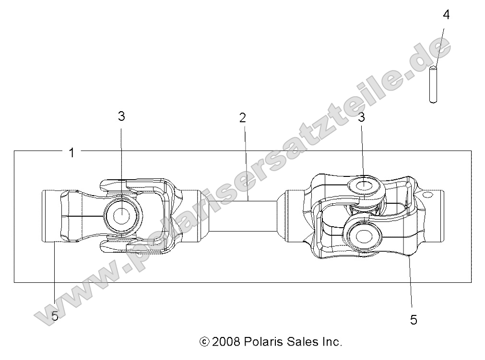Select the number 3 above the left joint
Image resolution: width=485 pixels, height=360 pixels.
[x=121, y=116]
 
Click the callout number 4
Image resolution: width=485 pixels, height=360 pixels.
[x=446, y=15]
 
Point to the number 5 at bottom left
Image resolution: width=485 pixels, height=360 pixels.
[x=55, y=316]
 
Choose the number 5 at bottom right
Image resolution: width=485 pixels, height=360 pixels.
[x=414, y=320]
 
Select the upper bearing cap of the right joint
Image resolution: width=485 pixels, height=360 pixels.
[x=364, y=185]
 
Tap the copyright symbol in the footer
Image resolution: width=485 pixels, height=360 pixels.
[x=204, y=342]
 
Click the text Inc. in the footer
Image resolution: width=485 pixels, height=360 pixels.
[x=331, y=342]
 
